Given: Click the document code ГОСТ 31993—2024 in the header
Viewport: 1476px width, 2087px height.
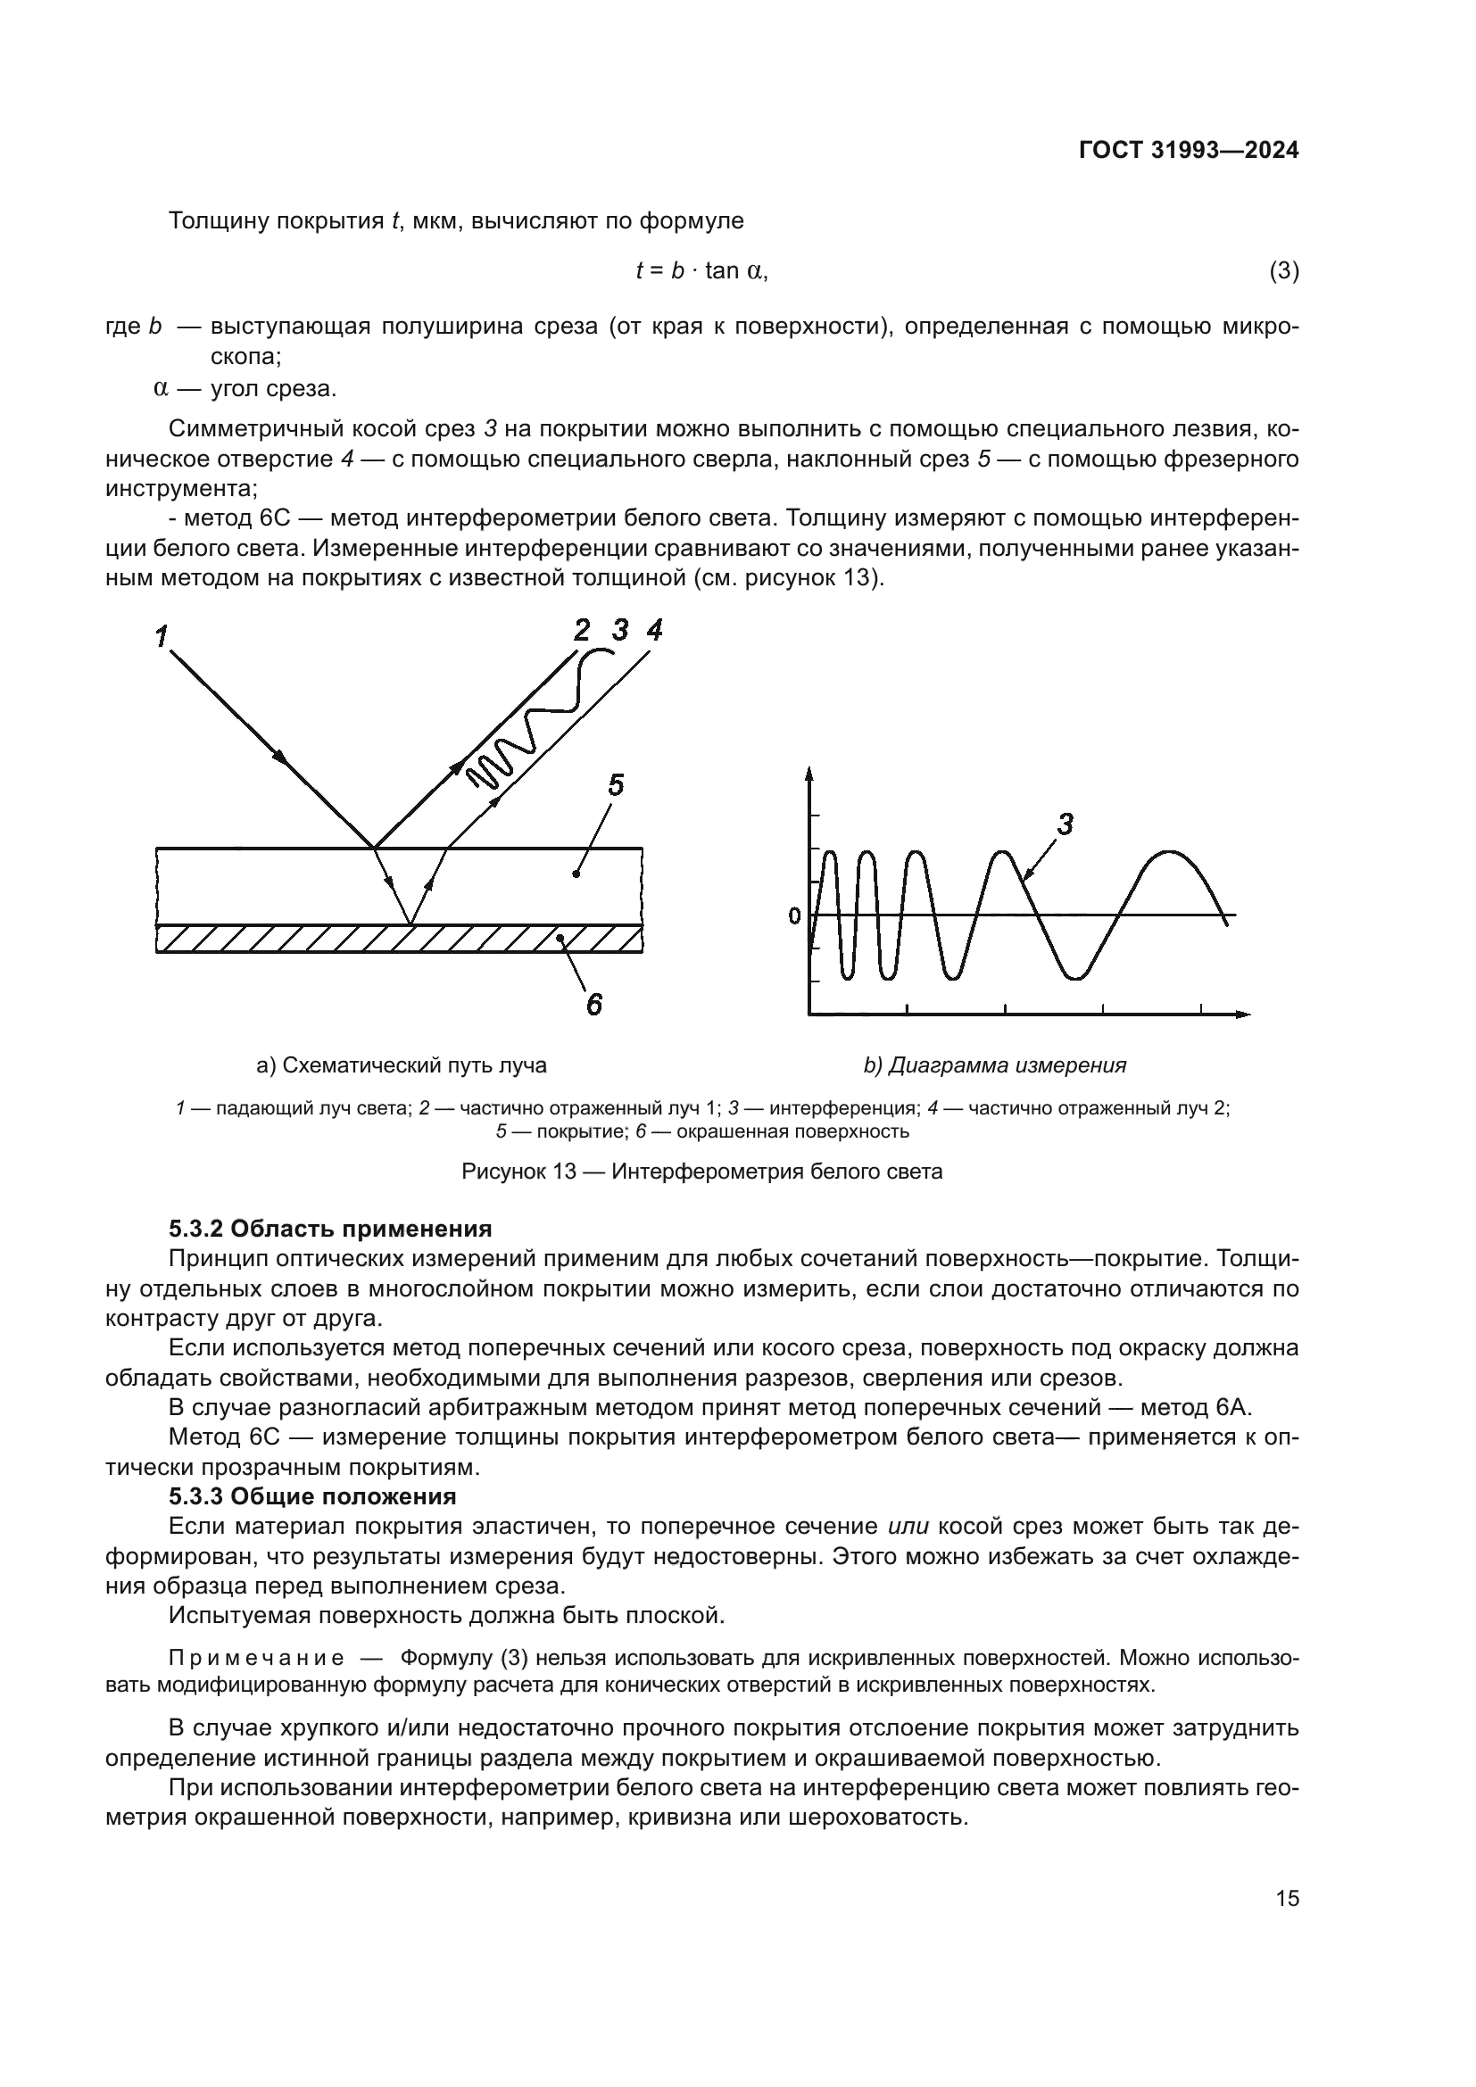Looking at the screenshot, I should pos(1188,151).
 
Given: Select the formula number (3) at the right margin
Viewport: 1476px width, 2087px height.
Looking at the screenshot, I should pos(1283,271).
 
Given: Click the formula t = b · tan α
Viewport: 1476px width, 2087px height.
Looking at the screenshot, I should pos(701,271).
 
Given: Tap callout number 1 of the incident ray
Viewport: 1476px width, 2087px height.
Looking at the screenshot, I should pos(161,637).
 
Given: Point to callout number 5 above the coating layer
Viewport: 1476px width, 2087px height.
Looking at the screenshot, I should pos(616,784).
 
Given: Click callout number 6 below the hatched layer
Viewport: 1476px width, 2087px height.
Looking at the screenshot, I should pos(593,1004).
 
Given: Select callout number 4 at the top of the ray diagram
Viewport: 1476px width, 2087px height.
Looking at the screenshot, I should pos(654,629).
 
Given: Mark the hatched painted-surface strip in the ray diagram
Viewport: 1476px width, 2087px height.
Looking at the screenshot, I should pos(400,938).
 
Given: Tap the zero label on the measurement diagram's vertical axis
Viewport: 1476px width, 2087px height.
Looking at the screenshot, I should pos(794,916).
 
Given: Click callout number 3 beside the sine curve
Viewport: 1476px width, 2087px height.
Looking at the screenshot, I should pos(1066,825).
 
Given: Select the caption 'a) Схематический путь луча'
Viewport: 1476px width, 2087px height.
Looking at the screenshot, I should pos(402,1065).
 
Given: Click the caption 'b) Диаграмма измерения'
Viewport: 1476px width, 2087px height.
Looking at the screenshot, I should pos(994,1065).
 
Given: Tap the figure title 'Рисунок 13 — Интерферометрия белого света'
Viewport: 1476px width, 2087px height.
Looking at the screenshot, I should pos(701,1172).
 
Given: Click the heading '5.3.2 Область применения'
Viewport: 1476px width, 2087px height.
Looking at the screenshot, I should pos(330,1229).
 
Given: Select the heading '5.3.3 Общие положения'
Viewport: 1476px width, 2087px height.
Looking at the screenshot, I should pos(312,1495).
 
